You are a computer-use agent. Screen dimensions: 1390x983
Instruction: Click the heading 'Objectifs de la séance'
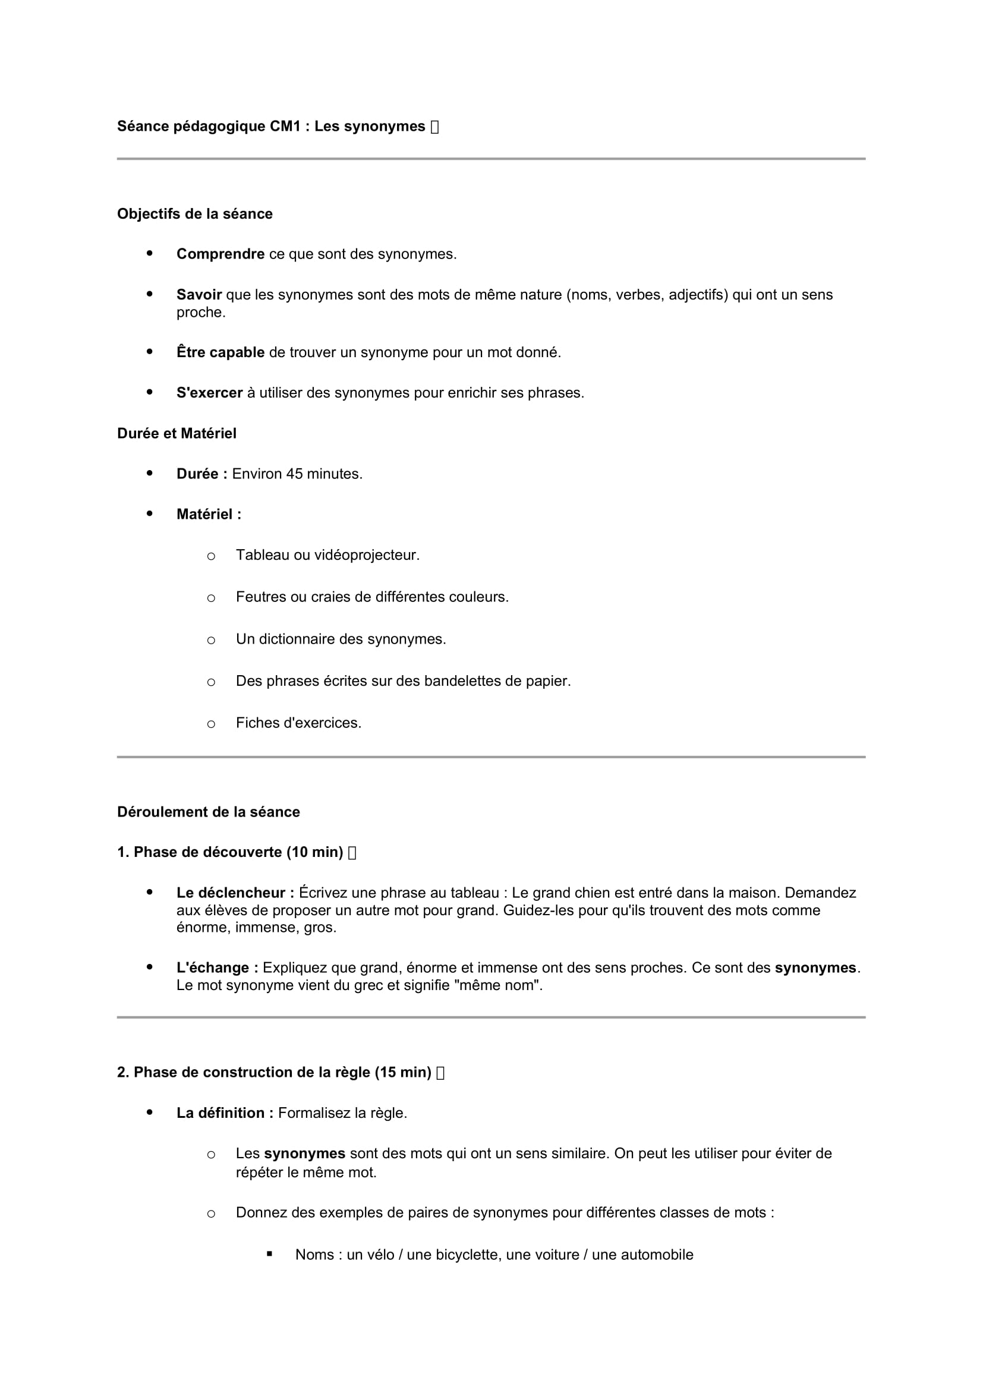pos(194,214)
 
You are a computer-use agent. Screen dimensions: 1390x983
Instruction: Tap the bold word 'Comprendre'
pos(220,254)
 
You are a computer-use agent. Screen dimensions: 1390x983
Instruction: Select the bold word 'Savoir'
pos(199,295)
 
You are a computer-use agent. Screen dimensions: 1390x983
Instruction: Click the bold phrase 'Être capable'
pos(220,352)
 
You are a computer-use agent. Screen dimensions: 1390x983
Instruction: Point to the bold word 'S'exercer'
pos(209,393)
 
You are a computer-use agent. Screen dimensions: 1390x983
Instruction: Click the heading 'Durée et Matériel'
pos(177,433)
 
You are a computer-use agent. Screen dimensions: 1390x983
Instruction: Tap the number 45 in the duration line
pos(294,474)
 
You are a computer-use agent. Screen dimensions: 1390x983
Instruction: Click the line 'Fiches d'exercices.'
pos(298,723)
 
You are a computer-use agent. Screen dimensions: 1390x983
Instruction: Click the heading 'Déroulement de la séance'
pos(208,812)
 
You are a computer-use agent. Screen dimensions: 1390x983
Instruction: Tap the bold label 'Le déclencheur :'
pos(235,893)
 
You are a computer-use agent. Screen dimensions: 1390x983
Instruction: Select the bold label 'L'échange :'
pos(218,968)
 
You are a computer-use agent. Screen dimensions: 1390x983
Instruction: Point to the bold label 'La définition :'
pos(225,1112)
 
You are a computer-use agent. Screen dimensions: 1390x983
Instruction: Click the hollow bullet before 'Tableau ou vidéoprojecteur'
pos(210,556)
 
